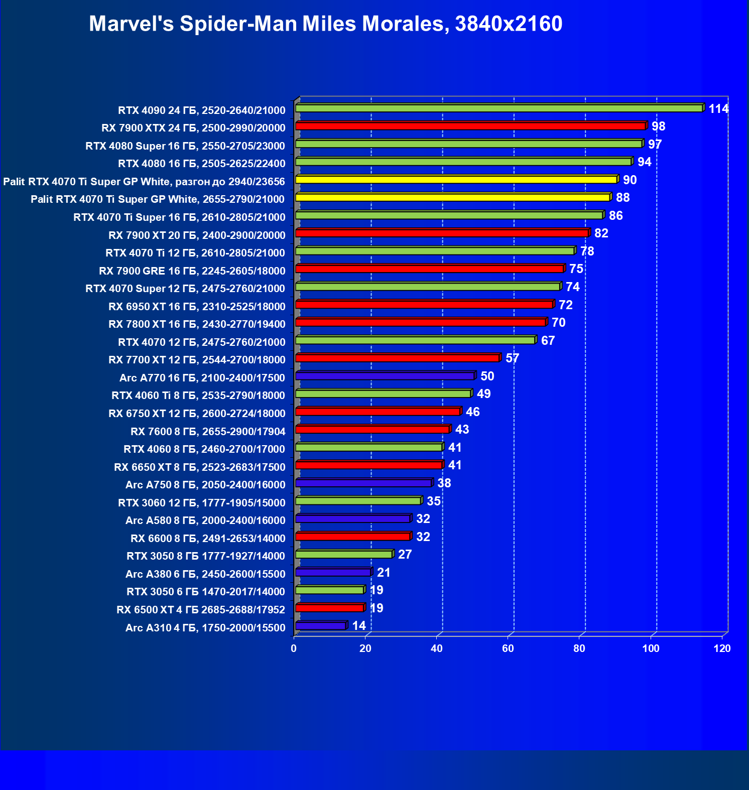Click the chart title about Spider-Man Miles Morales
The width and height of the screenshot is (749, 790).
point(325,24)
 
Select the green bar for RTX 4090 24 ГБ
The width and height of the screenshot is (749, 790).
point(499,108)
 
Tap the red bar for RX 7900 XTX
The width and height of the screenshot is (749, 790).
point(470,126)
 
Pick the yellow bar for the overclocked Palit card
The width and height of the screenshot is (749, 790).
point(456,180)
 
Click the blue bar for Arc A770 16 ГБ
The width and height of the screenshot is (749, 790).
point(385,376)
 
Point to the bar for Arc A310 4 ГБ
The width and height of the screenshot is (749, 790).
point(321,626)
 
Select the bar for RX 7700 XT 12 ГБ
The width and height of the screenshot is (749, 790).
point(398,358)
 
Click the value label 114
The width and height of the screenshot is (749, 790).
point(718,109)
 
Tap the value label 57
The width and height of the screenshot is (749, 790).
point(512,358)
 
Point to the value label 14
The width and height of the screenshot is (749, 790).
point(359,626)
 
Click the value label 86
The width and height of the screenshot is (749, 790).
point(615,216)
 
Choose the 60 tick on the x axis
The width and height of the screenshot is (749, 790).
point(508,648)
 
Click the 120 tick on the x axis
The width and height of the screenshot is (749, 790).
point(722,648)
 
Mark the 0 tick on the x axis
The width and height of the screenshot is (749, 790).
point(294,648)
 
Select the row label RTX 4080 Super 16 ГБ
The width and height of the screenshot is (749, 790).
point(185,146)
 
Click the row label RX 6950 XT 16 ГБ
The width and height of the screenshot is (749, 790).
point(197,307)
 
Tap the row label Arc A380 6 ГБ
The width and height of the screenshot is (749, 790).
point(205,574)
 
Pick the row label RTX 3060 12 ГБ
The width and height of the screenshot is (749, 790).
point(201,503)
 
